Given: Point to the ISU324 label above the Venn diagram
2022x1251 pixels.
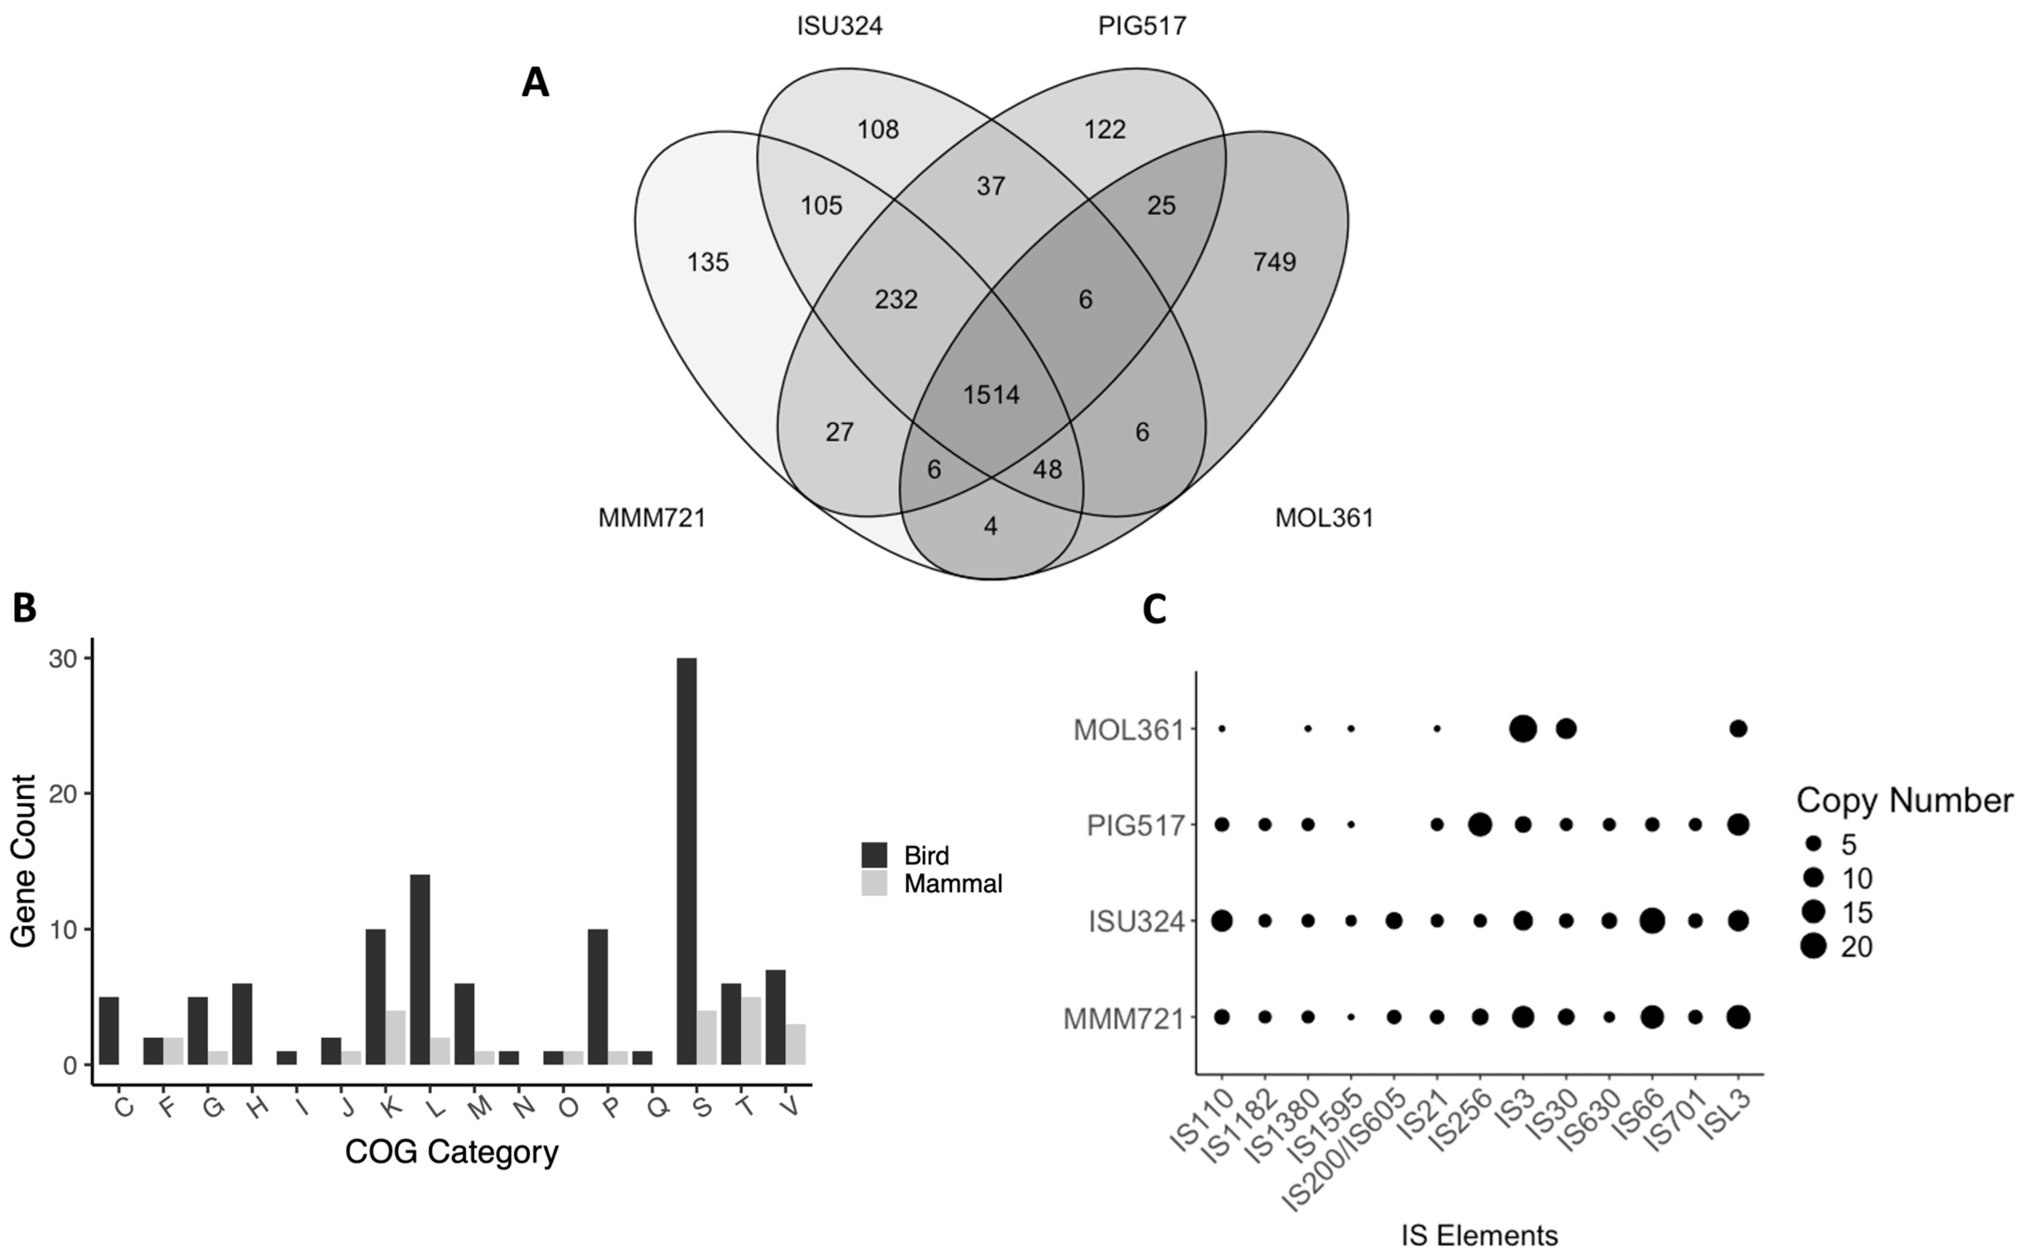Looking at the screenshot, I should [x=840, y=26].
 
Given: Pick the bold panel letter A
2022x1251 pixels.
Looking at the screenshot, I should [x=535, y=83].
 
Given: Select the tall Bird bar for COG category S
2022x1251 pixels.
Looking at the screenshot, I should [x=686, y=860].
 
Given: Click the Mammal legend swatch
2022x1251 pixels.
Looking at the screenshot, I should [x=874, y=883].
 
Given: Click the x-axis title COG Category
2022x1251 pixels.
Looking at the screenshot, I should [x=451, y=1152].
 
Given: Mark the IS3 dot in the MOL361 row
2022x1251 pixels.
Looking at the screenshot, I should [x=1523, y=729].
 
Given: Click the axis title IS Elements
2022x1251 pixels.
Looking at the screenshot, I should [x=1479, y=1236].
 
